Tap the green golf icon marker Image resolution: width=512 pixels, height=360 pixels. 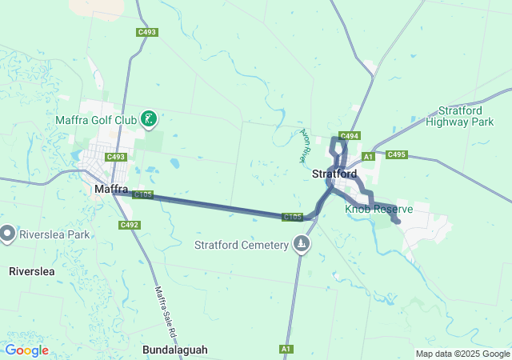click(x=148, y=120)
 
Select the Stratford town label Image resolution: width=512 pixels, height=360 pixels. click(x=334, y=174)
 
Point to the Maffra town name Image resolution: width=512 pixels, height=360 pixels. click(x=111, y=190)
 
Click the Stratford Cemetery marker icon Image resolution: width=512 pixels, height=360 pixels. click(x=302, y=244)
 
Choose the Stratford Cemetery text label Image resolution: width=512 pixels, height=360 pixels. click(x=241, y=245)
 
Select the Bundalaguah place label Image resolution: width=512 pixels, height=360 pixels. click(x=175, y=350)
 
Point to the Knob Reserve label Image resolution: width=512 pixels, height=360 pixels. click(x=379, y=209)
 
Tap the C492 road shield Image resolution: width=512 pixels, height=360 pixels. click(x=130, y=225)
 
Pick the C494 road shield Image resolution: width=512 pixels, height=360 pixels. click(x=350, y=136)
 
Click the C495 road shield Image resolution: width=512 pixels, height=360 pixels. click(x=397, y=154)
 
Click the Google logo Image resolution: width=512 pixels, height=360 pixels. click(x=26, y=350)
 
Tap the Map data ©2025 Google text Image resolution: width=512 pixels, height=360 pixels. click(x=462, y=354)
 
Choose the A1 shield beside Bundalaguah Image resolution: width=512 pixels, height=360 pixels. click(x=286, y=349)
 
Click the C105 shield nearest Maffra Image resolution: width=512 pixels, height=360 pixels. click(x=142, y=194)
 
